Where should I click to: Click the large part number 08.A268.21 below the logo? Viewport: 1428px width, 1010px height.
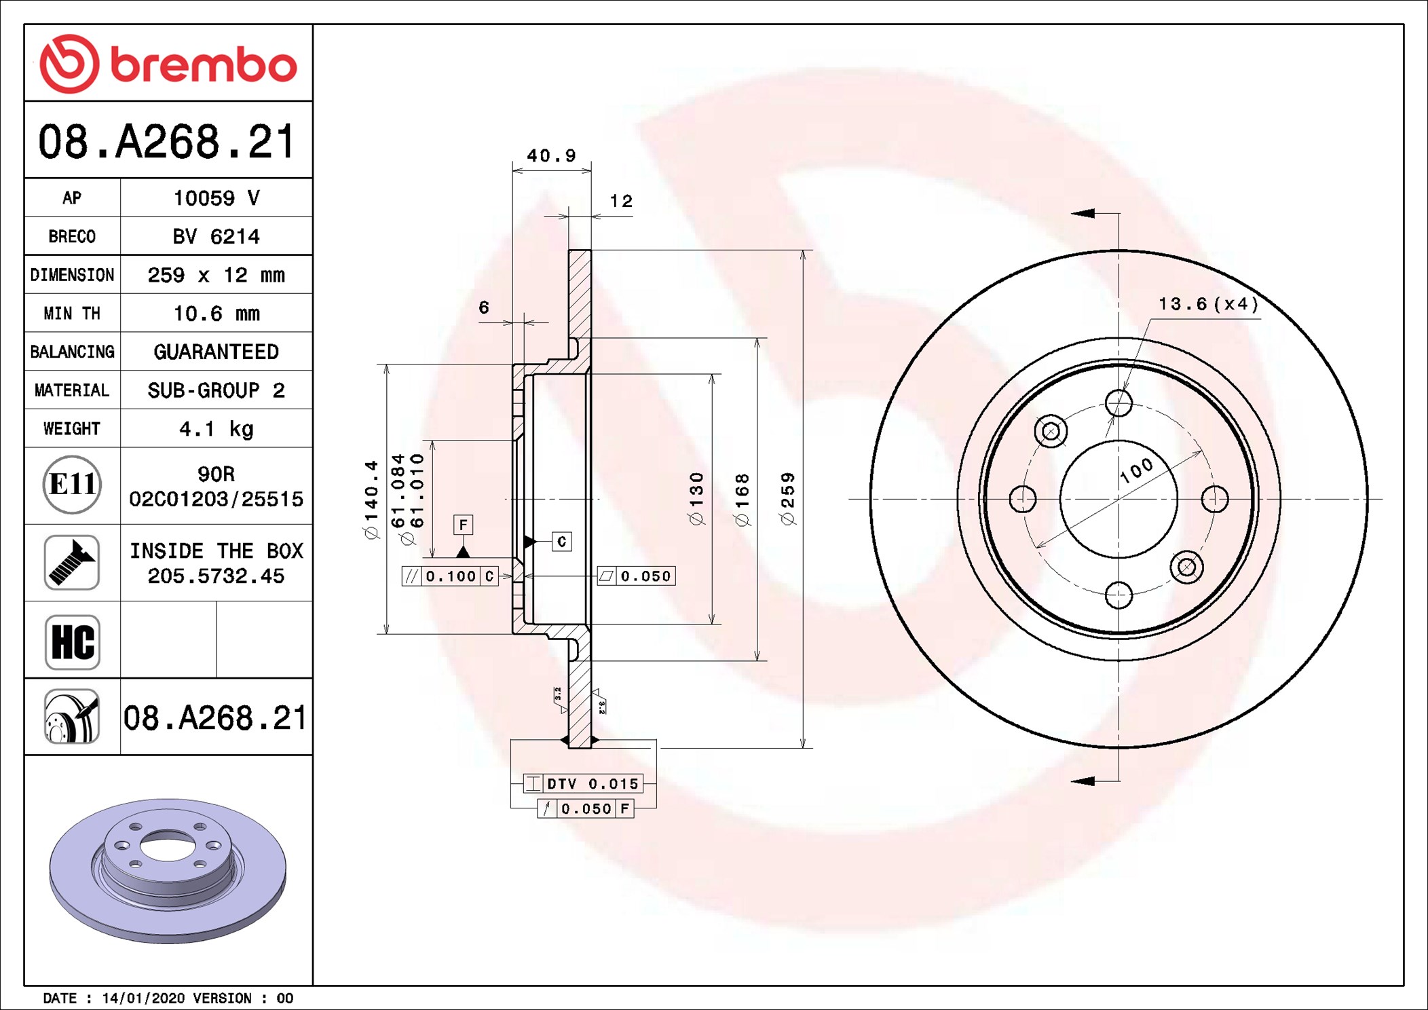click(x=167, y=142)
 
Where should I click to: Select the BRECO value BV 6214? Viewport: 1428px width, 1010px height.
click(x=216, y=237)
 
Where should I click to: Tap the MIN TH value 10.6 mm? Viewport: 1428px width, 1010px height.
click(x=216, y=314)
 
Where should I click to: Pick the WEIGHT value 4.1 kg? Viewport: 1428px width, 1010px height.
click(x=216, y=429)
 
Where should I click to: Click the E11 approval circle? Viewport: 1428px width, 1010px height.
click(x=72, y=485)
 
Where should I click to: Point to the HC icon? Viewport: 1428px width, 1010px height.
click(x=72, y=641)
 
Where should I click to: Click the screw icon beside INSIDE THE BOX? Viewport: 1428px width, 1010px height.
click(x=72, y=563)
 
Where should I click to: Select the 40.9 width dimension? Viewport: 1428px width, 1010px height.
click(x=551, y=156)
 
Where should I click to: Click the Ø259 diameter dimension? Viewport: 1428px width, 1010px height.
click(x=787, y=499)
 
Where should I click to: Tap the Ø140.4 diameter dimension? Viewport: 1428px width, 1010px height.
click(x=371, y=499)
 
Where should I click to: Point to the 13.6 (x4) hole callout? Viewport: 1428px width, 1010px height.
click(x=1207, y=304)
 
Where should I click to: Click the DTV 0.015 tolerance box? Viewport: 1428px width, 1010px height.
click(x=592, y=784)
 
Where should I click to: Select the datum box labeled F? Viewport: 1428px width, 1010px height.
click(x=463, y=525)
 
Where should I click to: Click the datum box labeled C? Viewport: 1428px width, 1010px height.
click(x=561, y=542)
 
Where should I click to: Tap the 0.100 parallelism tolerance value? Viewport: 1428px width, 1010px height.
click(x=451, y=576)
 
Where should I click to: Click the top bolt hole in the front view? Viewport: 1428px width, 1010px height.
click(x=1119, y=403)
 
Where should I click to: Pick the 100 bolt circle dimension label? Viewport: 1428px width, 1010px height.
click(x=1136, y=470)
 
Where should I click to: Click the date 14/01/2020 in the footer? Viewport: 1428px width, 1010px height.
click(x=143, y=998)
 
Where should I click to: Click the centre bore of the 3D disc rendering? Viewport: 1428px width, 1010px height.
click(x=168, y=846)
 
